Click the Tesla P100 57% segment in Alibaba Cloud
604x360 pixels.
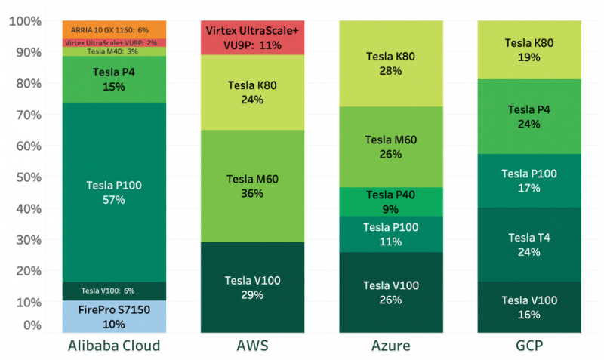[x=115, y=192]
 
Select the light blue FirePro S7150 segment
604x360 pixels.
[x=115, y=317]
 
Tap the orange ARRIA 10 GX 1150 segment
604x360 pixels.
[x=115, y=29]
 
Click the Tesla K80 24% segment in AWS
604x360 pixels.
[x=253, y=92]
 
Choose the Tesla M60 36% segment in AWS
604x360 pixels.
[x=253, y=186]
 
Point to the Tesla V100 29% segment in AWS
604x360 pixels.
[x=253, y=287]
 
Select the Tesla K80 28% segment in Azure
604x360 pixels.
[x=390, y=63]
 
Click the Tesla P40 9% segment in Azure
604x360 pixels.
[x=390, y=202]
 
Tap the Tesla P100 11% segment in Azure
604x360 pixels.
[x=390, y=234]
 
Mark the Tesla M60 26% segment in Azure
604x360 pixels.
[x=390, y=146]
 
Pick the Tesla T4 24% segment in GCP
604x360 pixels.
[x=529, y=245]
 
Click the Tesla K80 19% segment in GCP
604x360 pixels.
[x=529, y=50]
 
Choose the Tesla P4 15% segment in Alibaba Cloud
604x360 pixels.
[x=115, y=79]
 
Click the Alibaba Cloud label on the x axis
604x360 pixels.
[x=115, y=346]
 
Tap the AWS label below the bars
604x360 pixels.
[x=253, y=346]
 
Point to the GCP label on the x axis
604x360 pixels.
[x=529, y=346]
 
